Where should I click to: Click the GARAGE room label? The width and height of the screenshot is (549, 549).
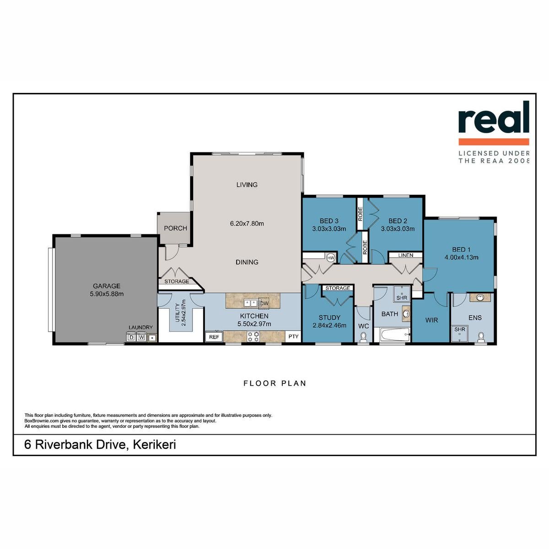107,286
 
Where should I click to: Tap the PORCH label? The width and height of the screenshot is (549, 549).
176,228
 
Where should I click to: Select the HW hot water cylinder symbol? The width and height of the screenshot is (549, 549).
331,258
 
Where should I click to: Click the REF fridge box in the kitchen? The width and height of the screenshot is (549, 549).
214,337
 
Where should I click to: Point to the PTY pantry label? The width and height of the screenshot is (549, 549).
293,336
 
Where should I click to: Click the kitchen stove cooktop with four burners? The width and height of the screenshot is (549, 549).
253,336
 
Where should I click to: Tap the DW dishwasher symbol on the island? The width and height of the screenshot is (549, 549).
264,303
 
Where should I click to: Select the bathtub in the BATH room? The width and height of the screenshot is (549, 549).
392,335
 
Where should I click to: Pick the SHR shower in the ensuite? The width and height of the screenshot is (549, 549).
459,334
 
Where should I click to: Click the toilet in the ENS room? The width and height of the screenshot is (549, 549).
481,337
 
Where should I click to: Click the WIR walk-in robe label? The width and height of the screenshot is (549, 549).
431,320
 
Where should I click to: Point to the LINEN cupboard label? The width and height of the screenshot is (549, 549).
406,255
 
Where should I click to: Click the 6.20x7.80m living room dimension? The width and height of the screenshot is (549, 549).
247,224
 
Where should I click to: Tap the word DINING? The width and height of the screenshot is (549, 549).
247,262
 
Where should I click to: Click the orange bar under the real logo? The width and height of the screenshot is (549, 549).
494,141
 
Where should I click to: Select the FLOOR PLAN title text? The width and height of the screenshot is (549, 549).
274,383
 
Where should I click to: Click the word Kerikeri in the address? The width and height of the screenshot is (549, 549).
155,444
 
